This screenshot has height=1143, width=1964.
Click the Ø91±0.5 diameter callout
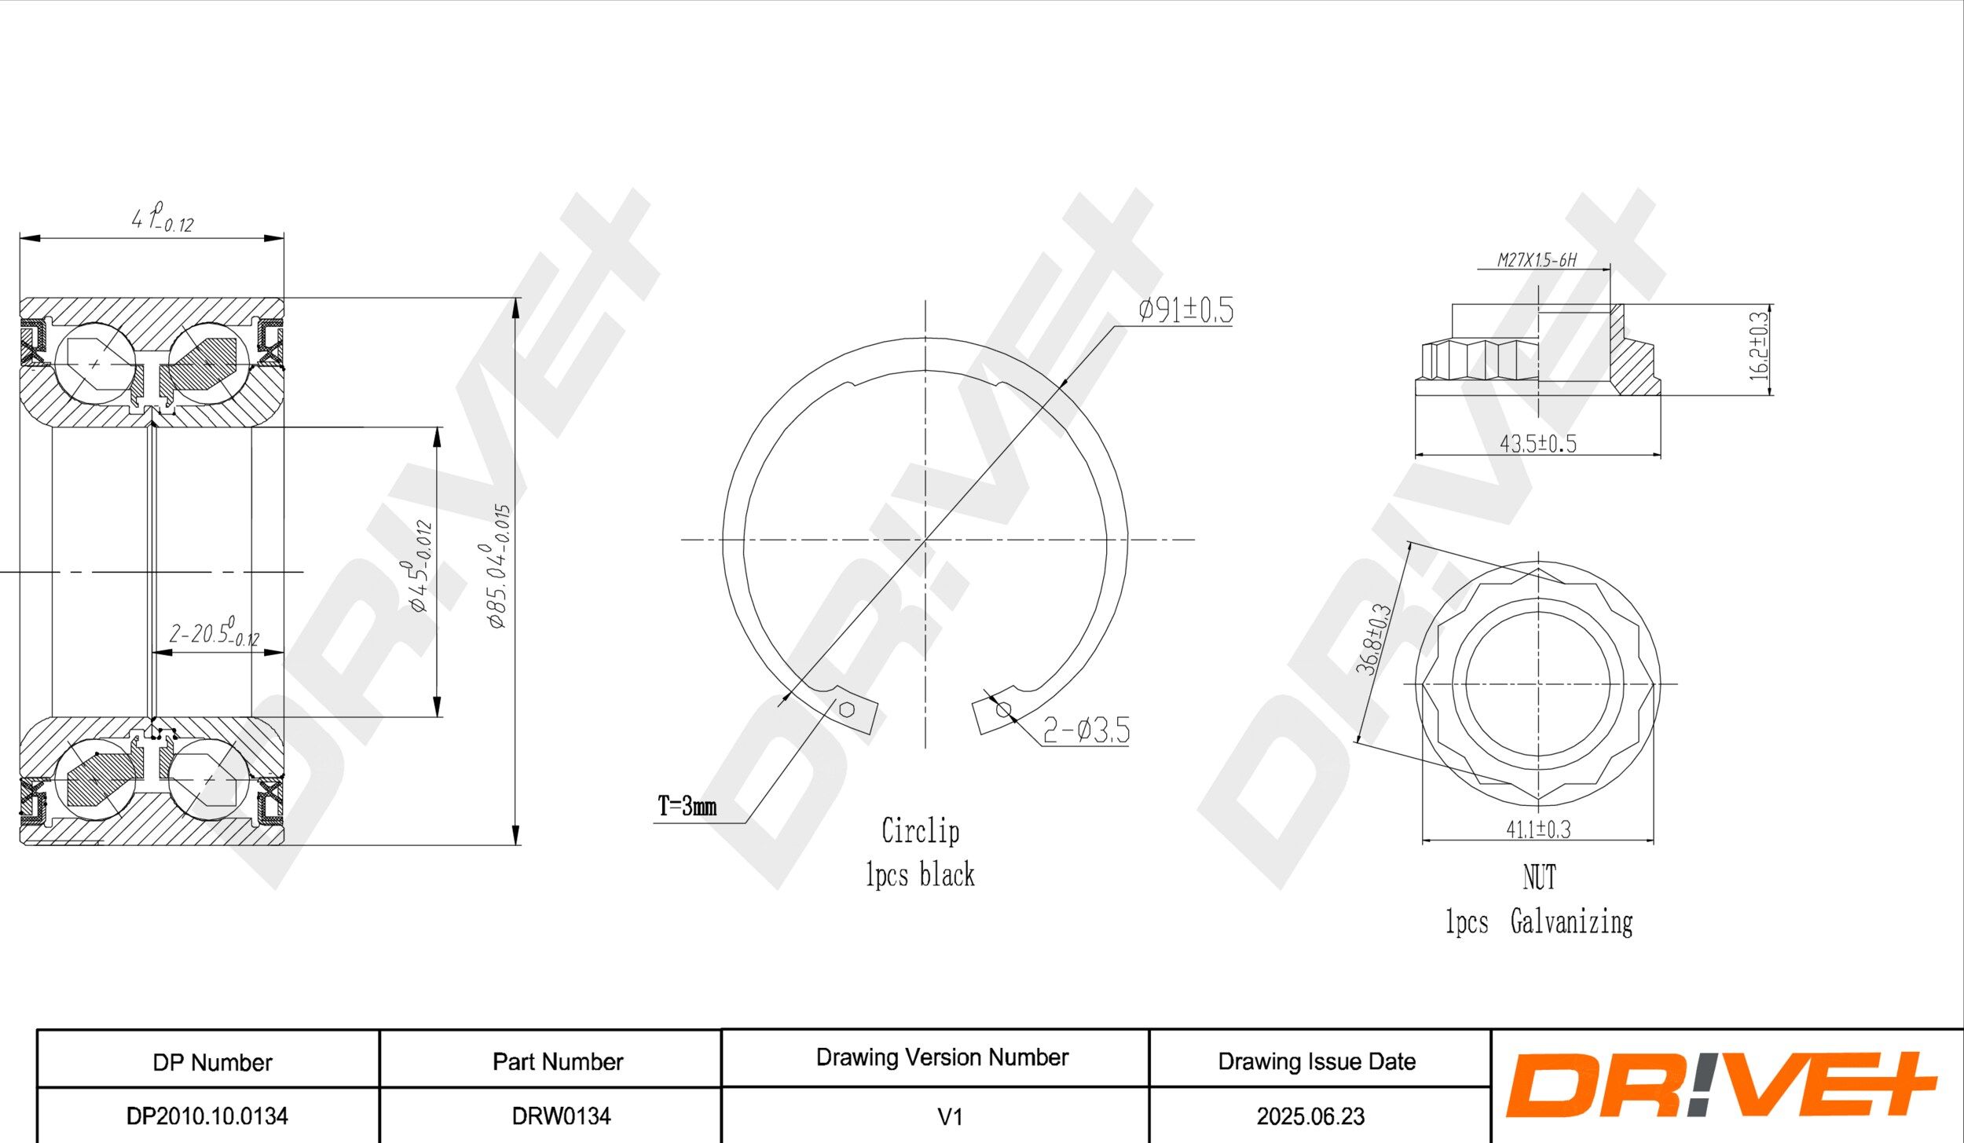click(x=1185, y=310)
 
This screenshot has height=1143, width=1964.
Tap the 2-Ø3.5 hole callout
click(x=1086, y=731)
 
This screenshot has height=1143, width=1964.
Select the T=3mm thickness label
click(x=687, y=806)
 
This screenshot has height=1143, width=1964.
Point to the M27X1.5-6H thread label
click(x=1537, y=260)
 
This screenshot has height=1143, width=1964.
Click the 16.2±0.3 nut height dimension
click(x=1759, y=346)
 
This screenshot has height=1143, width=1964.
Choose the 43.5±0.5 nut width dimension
click(x=1537, y=444)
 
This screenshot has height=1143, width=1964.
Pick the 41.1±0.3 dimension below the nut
click(x=1537, y=830)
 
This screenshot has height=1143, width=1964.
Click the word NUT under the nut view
click(x=1539, y=877)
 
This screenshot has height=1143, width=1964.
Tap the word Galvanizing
click(x=1571, y=922)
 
